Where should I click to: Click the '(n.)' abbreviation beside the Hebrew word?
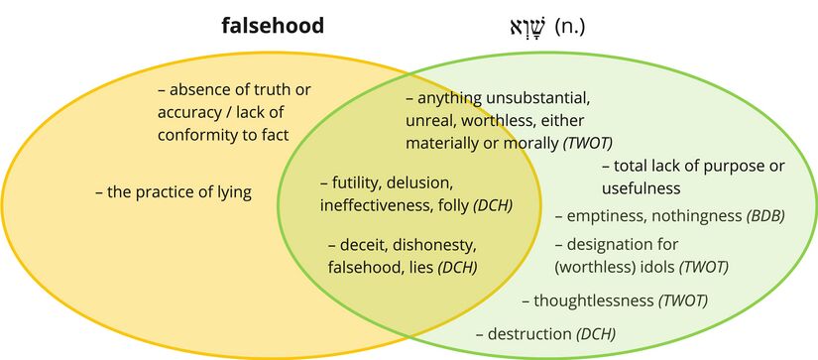[569, 27]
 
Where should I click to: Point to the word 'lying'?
[230, 192]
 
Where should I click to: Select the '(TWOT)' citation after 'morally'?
[588, 143]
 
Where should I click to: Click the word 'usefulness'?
[641, 187]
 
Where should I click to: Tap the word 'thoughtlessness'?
[592, 300]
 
